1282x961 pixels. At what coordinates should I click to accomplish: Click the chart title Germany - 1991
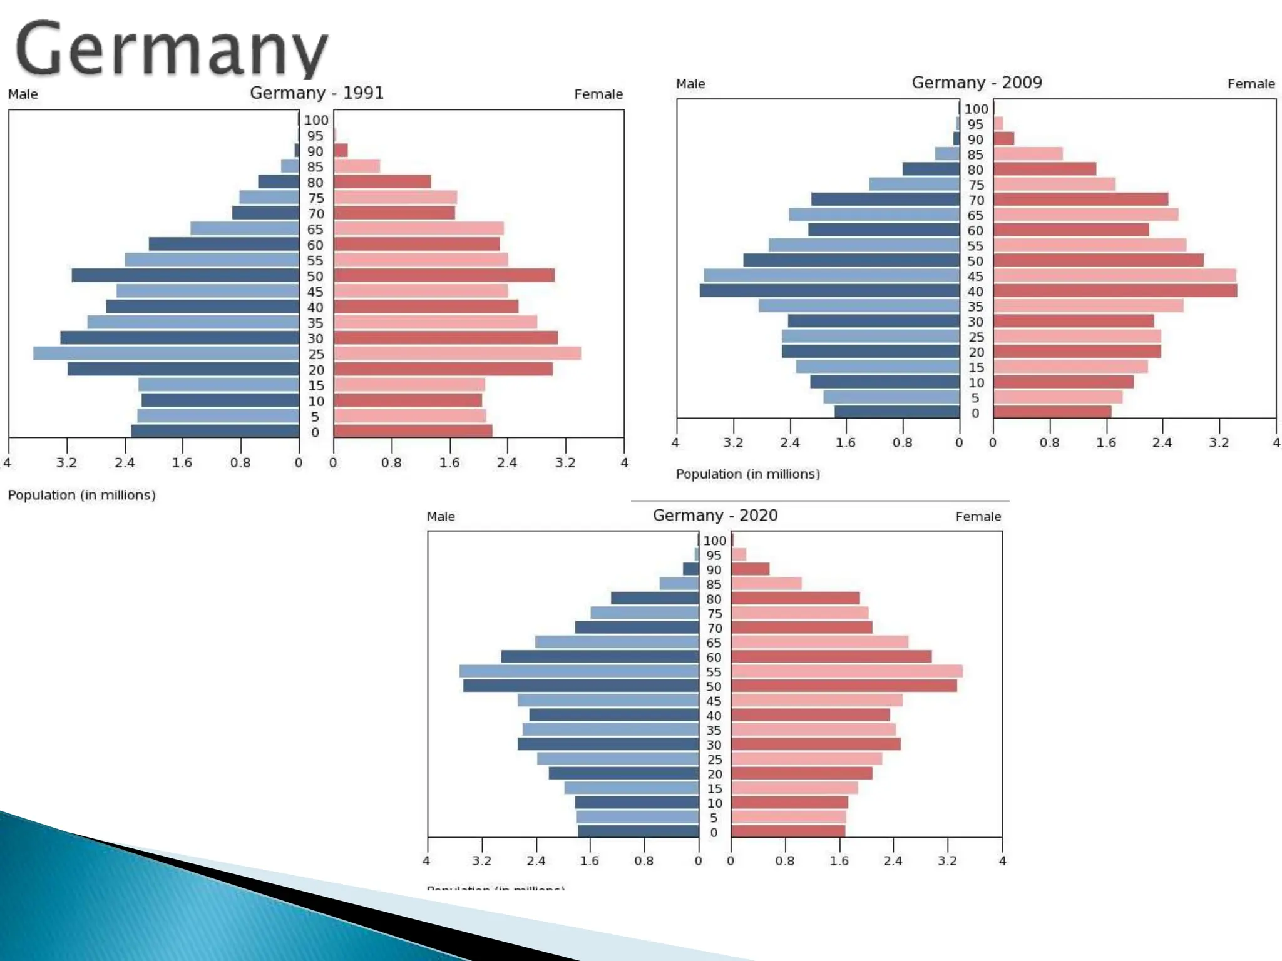(316, 93)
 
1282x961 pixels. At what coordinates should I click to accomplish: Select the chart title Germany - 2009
(976, 83)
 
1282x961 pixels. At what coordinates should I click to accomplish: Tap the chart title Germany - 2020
(715, 516)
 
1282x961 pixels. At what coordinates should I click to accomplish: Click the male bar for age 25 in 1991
(166, 353)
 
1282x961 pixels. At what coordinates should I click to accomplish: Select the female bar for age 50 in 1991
(444, 275)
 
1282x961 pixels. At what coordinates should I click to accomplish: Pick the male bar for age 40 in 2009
(829, 291)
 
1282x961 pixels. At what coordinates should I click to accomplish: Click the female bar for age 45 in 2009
(1114, 276)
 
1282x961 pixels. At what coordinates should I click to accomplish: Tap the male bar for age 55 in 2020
(579, 671)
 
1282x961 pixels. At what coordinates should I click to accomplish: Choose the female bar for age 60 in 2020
(831, 657)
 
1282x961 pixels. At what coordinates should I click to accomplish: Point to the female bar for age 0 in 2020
(788, 831)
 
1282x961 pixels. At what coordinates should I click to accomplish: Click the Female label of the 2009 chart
(1251, 84)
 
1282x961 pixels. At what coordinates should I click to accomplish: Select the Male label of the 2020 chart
(441, 517)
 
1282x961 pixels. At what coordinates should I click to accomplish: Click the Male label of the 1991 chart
(23, 94)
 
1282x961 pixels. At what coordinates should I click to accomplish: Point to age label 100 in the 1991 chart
(316, 120)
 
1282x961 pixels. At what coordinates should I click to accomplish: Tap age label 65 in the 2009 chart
(975, 216)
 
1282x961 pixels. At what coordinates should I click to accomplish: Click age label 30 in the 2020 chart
(714, 745)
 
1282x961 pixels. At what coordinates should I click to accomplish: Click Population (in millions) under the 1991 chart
(82, 495)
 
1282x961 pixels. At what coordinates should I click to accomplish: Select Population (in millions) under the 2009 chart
(747, 474)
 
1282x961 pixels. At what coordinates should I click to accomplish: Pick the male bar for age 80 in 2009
(931, 170)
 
